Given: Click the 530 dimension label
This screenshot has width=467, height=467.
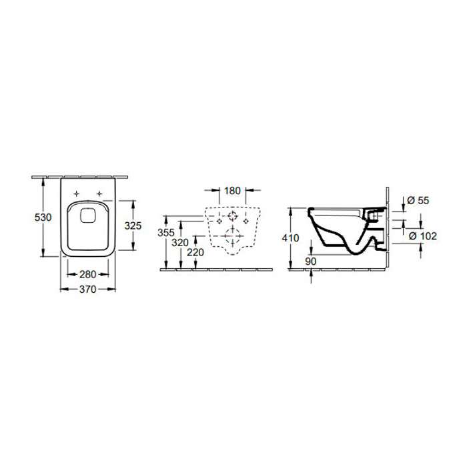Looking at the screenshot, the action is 43,217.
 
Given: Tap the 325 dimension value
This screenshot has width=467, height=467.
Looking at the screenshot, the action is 133,225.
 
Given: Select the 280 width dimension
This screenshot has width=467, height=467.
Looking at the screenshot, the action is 88,274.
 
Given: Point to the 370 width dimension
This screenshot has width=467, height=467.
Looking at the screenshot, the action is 88,289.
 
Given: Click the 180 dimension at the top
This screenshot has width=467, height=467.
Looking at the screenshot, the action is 232,191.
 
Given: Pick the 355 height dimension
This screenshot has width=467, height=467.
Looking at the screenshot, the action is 166,232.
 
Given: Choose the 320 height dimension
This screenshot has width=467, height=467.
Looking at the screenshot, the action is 180,243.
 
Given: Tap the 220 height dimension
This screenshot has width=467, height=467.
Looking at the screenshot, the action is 195,252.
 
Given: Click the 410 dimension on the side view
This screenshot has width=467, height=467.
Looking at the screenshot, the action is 290,238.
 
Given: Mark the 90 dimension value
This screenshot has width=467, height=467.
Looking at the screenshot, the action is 311,262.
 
